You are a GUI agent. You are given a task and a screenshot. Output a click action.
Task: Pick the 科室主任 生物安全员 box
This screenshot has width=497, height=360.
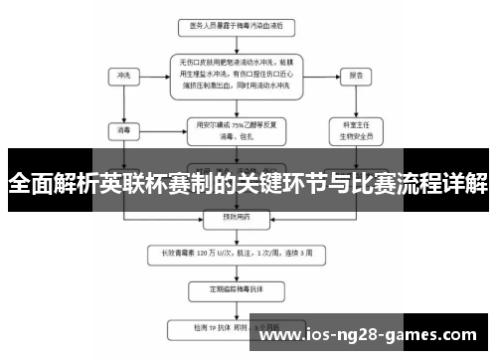356,129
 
